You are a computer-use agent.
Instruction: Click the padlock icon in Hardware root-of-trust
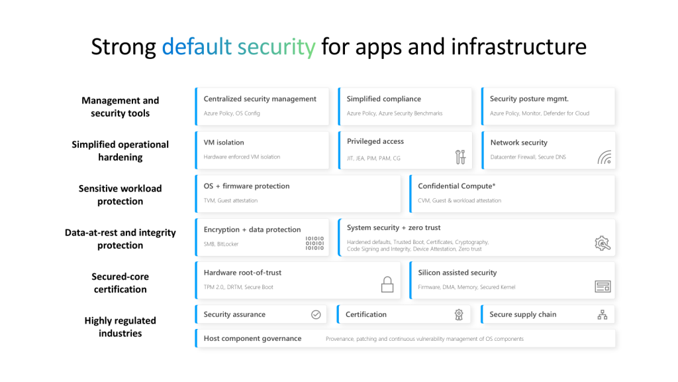pyautogui.click(x=387, y=285)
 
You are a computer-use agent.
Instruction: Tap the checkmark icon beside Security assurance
pyautogui.click(x=316, y=314)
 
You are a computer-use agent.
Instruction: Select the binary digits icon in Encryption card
pyautogui.click(x=315, y=243)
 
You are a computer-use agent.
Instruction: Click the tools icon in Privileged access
pyautogui.click(x=461, y=157)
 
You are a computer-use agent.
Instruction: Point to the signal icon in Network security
pyautogui.click(x=605, y=157)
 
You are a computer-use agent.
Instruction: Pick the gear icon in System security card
pyautogui.click(x=603, y=243)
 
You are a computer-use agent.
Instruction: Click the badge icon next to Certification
pyautogui.click(x=459, y=315)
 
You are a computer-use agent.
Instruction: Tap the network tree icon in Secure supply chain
pyautogui.click(x=603, y=315)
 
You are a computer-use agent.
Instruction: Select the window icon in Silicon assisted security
pyautogui.click(x=603, y=286)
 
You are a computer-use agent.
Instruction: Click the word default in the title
pyautogui.click(x=197, y=46)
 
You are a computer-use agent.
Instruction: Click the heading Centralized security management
pyautogui.click(x=260, y=99)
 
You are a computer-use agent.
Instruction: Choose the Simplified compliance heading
pyautogui.click(x=383, y=99)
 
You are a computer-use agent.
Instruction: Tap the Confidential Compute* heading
pyautogui.click(x=457, y=186)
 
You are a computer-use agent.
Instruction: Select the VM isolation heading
pyautogui.click(x=224, y=143)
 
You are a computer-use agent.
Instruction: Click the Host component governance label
pyautogui.click(x=252, y=338)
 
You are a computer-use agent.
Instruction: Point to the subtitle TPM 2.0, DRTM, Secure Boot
pyautogui.click(x=238, y=287)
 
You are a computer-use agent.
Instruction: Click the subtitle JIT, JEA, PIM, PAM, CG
pyautogui.click(x=373, y=159)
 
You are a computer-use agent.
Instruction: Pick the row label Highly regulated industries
pyautogui.click(x=121, y=327)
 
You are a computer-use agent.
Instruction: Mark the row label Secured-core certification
pyautogui.click(x=121, y=283)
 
